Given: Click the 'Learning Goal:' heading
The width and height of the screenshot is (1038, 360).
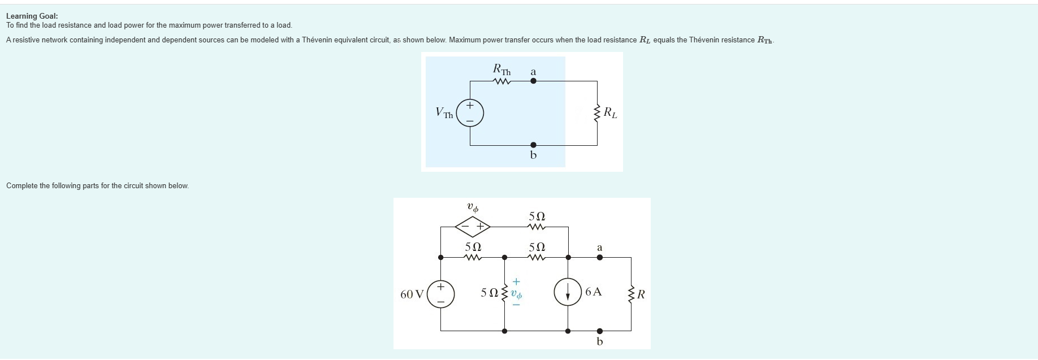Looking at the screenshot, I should (x=32, y=16).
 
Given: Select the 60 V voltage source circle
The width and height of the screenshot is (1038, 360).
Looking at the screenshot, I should (x=441, y=294).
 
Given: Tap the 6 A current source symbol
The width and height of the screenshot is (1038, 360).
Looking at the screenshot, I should (x=568, y=292).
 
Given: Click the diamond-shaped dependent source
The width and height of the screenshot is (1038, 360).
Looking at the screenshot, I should (x=473, y=227).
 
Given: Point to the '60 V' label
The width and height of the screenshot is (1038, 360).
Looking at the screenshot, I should (x=412, y=294).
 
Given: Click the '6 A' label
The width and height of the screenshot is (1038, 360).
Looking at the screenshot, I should (x=594, y=292).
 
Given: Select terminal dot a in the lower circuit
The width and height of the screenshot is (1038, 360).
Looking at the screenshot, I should (x=600, y=257).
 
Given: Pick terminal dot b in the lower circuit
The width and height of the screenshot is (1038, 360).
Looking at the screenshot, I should (x=600, y=331).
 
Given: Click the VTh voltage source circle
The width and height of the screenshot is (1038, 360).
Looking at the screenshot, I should (x=469, y=113).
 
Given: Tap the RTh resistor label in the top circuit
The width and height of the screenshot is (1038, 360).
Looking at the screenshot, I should (x=501, y=70).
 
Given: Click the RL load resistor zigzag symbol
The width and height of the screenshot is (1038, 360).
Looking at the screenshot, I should (x=597, y=113).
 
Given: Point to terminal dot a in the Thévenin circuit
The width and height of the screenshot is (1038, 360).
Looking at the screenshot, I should (x=533, y=81).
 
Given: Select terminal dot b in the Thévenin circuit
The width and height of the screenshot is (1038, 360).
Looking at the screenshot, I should (x=533, y=145).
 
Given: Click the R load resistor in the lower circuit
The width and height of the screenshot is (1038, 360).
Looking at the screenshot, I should (x=631, y=294).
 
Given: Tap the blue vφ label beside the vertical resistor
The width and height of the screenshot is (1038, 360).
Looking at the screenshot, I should (x=516, y=294).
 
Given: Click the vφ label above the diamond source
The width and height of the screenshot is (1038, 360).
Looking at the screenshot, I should (x=473, y=208).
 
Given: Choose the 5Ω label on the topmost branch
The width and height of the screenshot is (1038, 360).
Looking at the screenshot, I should (x=537, y=216).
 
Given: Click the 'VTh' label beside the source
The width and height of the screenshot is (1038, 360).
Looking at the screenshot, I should (x=444, y=113).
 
